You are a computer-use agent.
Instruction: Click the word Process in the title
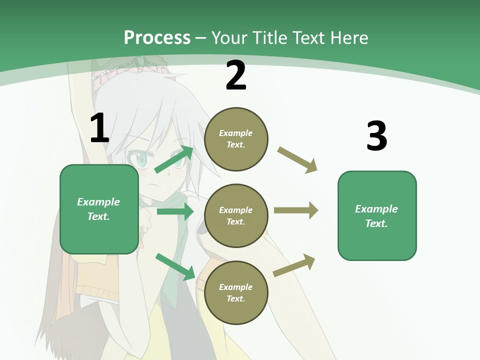click(x=157, y=38)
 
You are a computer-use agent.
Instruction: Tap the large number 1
click(x=99, y=128)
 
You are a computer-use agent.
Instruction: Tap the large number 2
click(x=236, y=75)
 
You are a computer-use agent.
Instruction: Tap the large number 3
click(x=376, y=136)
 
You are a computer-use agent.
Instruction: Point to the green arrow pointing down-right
click(x=175, y=266)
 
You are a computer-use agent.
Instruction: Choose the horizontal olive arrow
click(x=295, y=210)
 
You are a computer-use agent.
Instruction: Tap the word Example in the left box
click(x=98, y=202)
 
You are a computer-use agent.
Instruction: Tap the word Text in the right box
click(x=375, y=223)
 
